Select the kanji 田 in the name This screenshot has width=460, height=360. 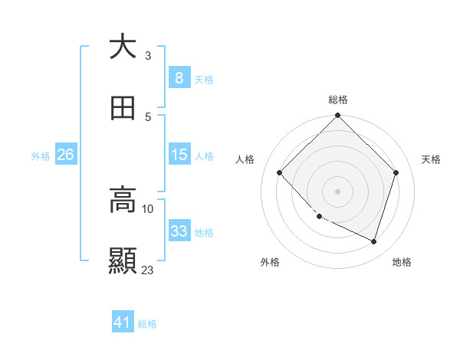point(123,108)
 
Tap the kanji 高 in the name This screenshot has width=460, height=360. point(123,200)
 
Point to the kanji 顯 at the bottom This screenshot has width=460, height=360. point(123,261)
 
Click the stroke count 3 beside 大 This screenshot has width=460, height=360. point(148,56)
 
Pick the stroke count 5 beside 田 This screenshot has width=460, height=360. point(148,117)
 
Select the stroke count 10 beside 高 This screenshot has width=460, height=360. point(148,208)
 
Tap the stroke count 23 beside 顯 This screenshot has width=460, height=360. point(148,270)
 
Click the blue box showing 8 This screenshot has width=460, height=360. point(179,77)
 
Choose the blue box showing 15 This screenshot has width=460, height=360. point(179,155)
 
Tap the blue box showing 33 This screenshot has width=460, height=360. point(179,231)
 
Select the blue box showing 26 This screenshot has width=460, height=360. point(65,155)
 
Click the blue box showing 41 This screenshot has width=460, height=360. point(123,323)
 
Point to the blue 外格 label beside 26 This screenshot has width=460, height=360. point(41,155)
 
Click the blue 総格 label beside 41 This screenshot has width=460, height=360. point(147,324)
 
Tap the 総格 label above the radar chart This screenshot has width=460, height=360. point(337,100)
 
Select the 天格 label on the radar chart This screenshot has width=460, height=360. point(431,159)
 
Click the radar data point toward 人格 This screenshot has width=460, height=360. point(280,173)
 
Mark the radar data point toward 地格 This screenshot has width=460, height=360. point(373,241)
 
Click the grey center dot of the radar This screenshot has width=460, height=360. point(337,191)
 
